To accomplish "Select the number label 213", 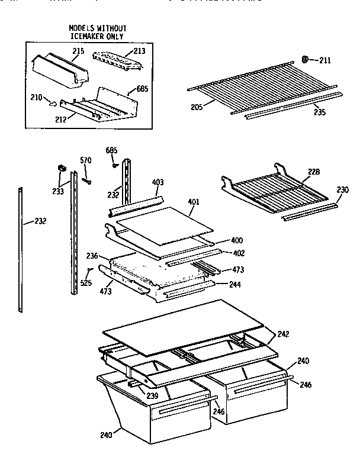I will click(x=139, y=51).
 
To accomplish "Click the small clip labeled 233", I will click(x=60, y=169).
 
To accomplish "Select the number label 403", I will click(x=158, y=182).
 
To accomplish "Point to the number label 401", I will click(x=194, y=201).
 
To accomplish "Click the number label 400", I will click(x=236, y=240).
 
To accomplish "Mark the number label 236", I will click(x=91, y=256).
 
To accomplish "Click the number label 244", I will click(x=236, y=284).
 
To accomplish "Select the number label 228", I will click(x=313, y=171).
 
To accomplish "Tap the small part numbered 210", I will click(x=52, y=104).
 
